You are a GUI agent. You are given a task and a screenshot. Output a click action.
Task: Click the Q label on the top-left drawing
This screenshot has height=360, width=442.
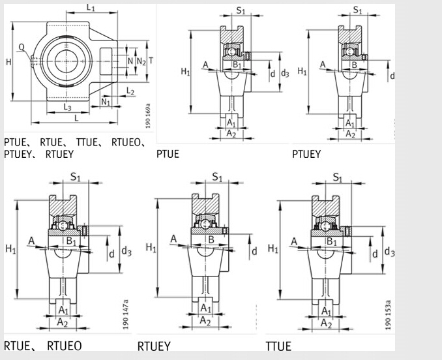22,46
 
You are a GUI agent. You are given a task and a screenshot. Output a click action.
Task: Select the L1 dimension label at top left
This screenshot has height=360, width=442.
91,8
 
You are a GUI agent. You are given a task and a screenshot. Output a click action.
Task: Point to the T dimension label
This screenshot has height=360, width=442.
151,61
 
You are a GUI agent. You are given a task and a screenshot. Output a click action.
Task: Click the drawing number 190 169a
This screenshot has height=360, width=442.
148,115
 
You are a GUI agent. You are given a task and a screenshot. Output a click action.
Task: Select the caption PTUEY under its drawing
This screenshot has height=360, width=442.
306,155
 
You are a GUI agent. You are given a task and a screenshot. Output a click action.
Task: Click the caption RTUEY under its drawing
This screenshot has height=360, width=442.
154,346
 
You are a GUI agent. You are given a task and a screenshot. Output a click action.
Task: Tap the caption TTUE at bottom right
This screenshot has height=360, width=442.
278,346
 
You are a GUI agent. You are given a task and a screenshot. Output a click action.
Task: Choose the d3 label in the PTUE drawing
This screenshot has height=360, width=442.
284,73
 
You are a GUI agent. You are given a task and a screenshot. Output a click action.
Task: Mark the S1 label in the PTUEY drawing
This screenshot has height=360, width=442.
357,10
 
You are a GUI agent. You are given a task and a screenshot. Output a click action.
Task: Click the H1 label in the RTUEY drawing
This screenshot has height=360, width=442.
151,248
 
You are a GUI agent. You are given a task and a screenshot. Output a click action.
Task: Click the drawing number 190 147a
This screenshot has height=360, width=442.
126,314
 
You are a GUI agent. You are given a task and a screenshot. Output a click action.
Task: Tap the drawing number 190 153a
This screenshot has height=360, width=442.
389,314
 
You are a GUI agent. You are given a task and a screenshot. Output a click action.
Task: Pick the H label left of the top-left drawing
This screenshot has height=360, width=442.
8,62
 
